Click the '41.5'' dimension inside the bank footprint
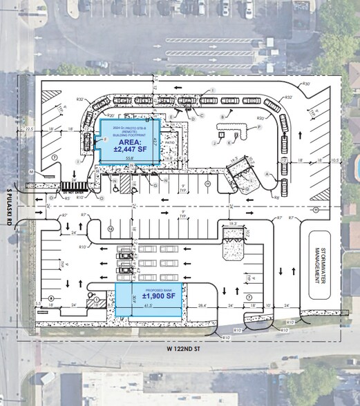pyautogui.click(x=149, y=304)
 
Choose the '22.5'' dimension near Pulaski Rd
pyautogui.click(x=29, y=128)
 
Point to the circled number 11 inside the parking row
pyautogui.click(x=206, y=184)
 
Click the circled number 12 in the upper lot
pyautogui.click(x=110, y=229)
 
